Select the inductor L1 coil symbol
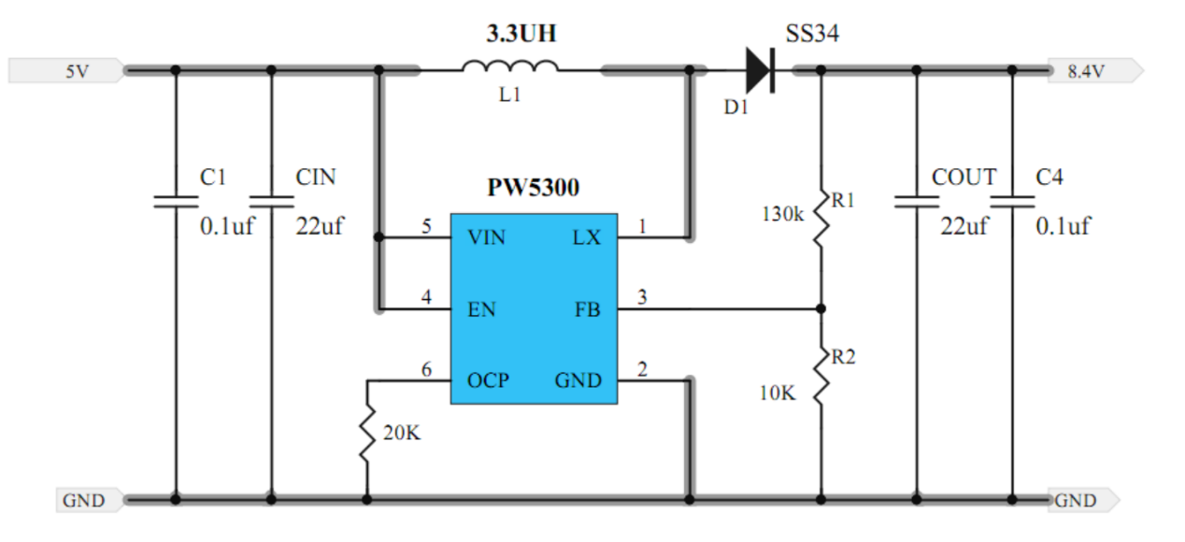510,66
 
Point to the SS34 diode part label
812,35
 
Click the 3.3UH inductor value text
521,36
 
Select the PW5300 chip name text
533,188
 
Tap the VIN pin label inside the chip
486,238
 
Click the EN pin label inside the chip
481,309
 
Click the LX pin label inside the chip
586,238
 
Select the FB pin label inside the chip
587,309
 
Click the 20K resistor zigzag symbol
366,433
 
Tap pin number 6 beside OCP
426,370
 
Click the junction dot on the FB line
821,308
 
